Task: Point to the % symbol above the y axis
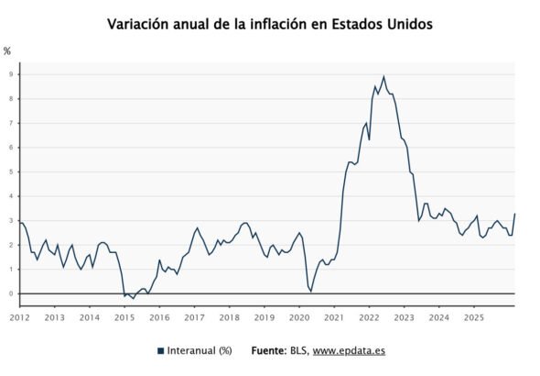point(7,51)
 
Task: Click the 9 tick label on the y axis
point(10,74)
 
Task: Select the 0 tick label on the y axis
point(10,294)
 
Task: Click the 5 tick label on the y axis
point(10,172)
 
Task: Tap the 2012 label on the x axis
point(19,317)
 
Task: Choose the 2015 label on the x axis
point(124,317)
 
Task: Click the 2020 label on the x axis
point(299,317)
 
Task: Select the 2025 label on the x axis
point(473,317)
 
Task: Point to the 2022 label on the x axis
point(369,317)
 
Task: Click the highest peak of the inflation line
point(383,76)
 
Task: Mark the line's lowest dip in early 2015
point(134,299)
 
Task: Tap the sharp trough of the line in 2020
point(311,292)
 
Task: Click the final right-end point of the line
point(515,214)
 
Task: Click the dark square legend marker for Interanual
point(160,350)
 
